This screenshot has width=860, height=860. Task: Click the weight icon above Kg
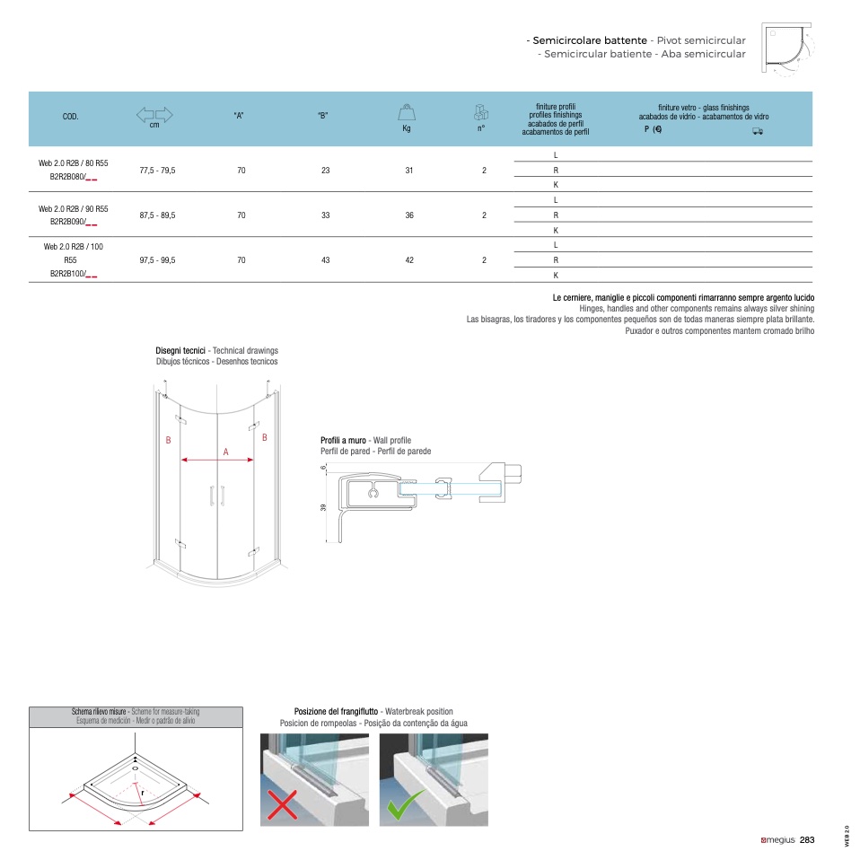coord(407,112)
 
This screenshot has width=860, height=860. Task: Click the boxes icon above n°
coord(481,112)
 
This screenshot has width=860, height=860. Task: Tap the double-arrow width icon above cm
coord(154,114)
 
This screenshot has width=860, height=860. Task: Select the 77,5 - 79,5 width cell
coord(157,170)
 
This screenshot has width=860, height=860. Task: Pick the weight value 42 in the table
coord(408,259)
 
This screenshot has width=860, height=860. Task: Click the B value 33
coord(325,215)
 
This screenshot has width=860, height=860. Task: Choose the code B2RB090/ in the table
coord(73,222)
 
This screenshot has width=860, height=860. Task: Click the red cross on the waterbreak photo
coord(282,805)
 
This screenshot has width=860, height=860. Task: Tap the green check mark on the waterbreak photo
coord(406,805)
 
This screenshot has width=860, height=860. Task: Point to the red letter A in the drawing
coord(226,452)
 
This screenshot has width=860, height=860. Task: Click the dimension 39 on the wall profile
coord(323,508)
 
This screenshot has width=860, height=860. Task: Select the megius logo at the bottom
coord(777,840)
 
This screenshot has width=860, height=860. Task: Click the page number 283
coord(807,840)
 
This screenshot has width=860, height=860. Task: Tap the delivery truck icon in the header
coord(757,130)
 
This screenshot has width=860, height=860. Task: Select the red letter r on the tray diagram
coord(142,793)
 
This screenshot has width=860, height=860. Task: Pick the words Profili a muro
coord(343,440)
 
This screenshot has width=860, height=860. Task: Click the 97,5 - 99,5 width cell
coord(157,259)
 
